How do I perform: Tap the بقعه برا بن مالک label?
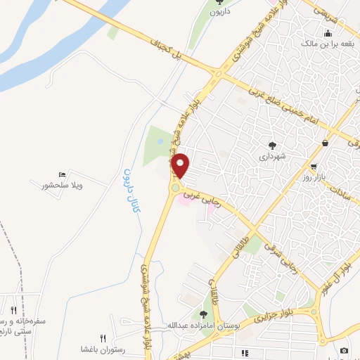click(327, 44)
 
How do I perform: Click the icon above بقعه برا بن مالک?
click(327, 33)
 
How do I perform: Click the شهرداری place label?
click(273, 157)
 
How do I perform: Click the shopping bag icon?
click(325, 143)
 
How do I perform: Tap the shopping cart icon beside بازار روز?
click(313, 167)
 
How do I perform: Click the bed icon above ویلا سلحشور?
click(63, 174)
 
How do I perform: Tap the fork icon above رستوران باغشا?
click(103, 338)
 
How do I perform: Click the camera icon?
click(344, 350)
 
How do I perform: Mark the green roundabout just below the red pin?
click(174, 188)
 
